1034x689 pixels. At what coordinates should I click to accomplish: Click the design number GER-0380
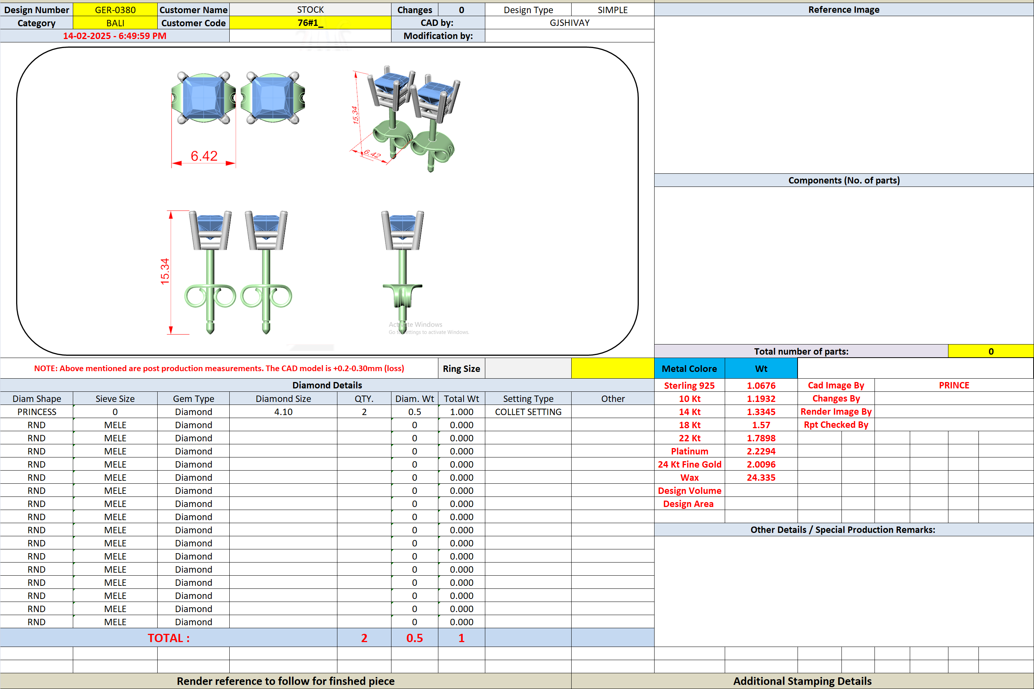coord(115,10)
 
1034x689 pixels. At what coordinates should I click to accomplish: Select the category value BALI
coord(115,23)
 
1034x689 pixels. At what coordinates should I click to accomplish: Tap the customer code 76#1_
coord(310,23)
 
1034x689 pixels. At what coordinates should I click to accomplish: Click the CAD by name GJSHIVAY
coord(569,23)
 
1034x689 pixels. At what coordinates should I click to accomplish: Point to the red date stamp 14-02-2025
coord(87,36)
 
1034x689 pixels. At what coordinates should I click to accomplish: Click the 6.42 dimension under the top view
coord(204,156)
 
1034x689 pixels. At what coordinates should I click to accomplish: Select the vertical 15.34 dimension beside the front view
coord(165,272)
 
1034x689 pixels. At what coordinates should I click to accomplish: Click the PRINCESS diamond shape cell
coord(37,412)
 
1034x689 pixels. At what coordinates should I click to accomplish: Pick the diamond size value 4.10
coord(283,412)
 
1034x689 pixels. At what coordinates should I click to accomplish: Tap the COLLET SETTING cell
coord(528,412)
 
